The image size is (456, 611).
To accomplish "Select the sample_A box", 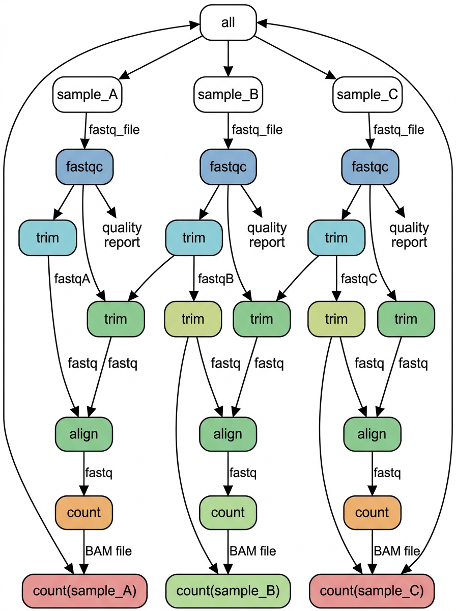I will [x=88, y=95].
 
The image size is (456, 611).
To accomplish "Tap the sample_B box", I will [x=228, y=95].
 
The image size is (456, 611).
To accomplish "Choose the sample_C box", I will [x=368, y=95].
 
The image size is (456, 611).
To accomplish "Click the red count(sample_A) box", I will [x=84, y=591].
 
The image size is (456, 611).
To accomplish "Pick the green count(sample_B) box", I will [x=228, y=591].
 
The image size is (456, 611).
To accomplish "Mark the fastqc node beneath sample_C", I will [x=370, y=166].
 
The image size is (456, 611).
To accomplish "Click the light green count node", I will [x=228, y=513].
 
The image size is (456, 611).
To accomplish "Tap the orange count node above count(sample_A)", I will [x=84, y=513].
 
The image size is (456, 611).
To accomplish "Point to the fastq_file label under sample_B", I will [x=257, y=129].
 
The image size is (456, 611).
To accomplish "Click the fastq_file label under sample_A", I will [x=114, y=129].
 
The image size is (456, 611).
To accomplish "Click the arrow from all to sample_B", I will [x=228, y=59].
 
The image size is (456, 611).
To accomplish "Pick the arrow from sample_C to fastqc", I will [x=368, y=130].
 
